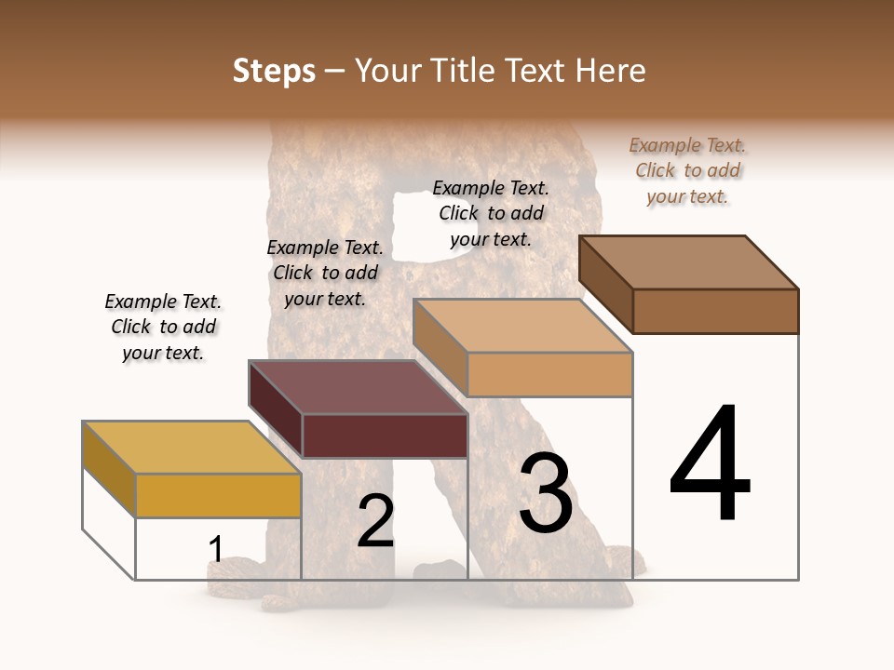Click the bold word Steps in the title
pyautogui.click(x=274, y=71)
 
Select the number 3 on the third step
pyautogui.click(x=546, y=493)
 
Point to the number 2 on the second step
pyautogui.click(x=376, y=521)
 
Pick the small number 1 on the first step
pyautogui.click(x=216, y=550)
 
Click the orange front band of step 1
pyautogui.click(x=218, y=495)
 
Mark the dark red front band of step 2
pyautogui.click(x=385, y=435)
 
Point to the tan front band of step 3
pyautogui.click(x=549, y=374)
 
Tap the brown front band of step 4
pyautogui.click(x=715, y=311)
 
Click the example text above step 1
pyautogui.click(x=163, y=328)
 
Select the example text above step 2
pyautogui.click(x=325, y=274)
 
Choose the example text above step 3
pyautogui.click(x=491, y=214)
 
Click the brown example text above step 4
pyautogui.click(x=687, y=171)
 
